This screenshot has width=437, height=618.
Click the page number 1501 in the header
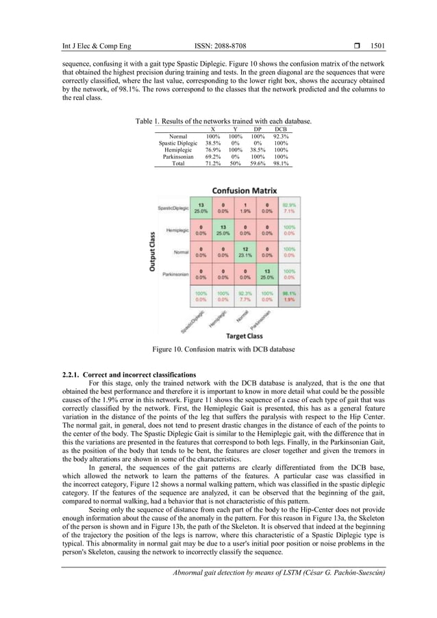(376, 47)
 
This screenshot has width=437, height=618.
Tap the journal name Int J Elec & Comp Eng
(87, 47)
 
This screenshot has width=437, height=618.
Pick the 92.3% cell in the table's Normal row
(281, 136)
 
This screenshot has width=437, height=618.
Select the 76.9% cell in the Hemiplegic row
(213, 150)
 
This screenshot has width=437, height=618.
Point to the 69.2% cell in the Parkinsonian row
(213, 157)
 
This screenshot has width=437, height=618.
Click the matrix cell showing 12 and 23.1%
(246, 252)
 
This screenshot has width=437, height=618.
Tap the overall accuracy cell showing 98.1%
(292, 297)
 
